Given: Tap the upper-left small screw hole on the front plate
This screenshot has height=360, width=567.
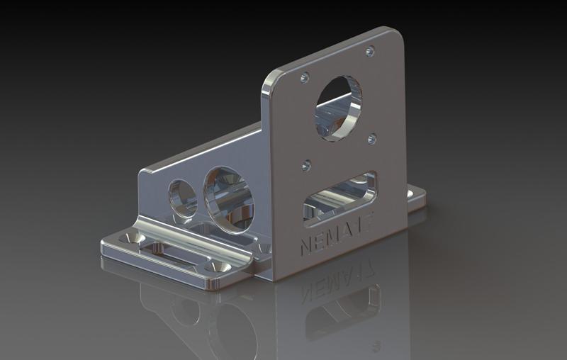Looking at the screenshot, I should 305,77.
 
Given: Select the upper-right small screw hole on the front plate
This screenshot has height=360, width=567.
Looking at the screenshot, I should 369,51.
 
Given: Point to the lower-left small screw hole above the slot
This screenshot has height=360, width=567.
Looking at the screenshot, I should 306,165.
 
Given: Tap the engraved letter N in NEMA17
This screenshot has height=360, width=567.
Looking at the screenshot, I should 306,247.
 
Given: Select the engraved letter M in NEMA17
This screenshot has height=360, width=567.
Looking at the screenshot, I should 336,237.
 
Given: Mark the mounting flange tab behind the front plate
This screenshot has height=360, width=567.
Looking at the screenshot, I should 417,196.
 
